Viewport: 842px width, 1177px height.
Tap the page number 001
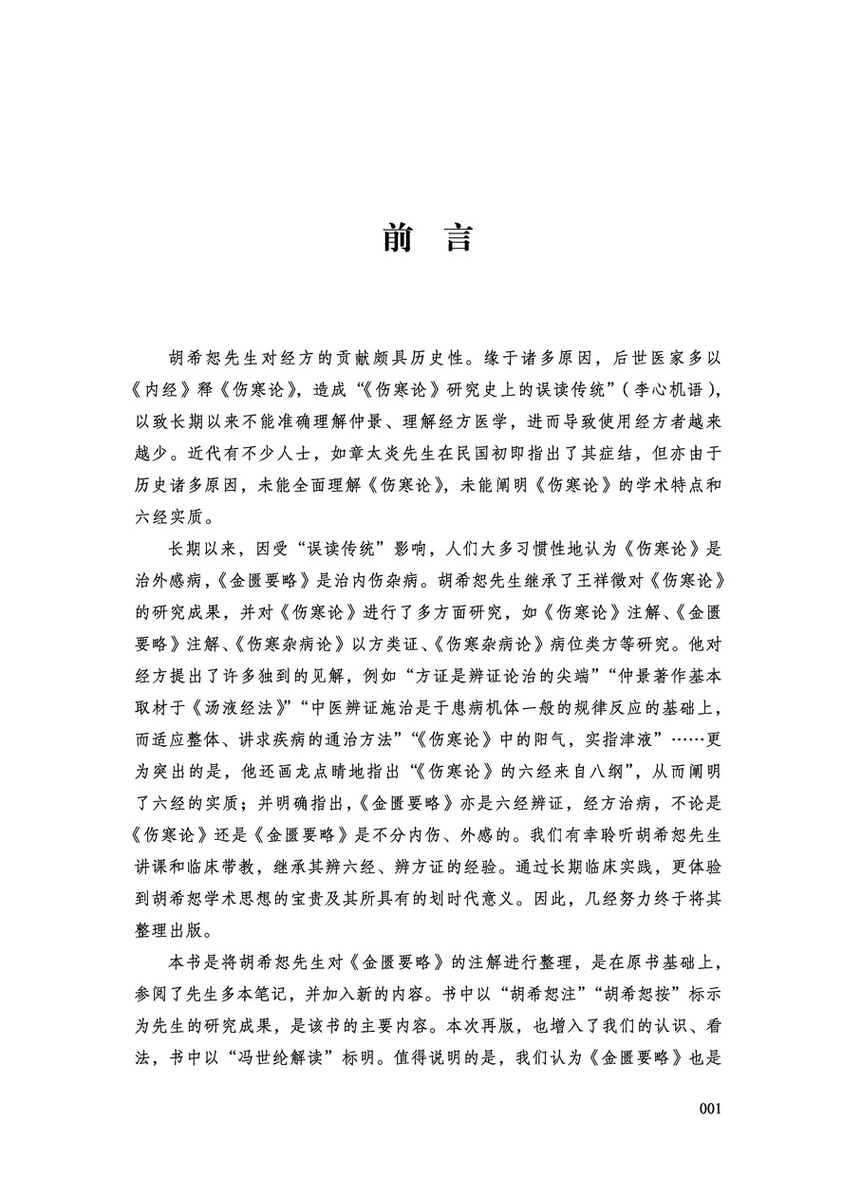(711, 1109)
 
